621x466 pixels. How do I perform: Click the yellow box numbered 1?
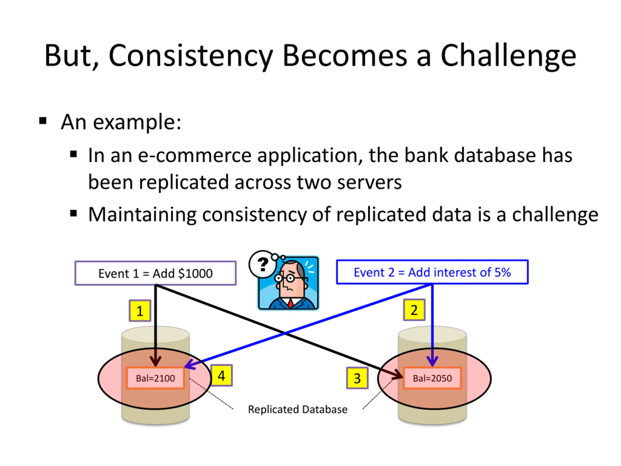click(x=140, y=311)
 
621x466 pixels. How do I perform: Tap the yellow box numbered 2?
click(x=414, y=310)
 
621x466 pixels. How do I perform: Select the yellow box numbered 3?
click(x=357, y=378)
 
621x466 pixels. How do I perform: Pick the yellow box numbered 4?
click(x=221, y=375)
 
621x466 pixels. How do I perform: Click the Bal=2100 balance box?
click(x=155, y=378)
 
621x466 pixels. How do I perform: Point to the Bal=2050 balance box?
click(x=432, y=378)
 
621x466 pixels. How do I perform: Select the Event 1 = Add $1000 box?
click(x=155, y=273)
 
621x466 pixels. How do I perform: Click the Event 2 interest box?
click(x=432, y=272)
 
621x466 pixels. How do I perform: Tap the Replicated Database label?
click(x=298, y=409)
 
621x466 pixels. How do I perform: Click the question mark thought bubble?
click(x=263, y=264)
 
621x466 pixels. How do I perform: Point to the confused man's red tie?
click(x=291, y=303)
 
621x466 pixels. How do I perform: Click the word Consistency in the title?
click(x=191, y=56)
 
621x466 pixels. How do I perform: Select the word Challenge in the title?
click(x=508, y=56)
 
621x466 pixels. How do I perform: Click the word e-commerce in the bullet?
click(x=195, y=156)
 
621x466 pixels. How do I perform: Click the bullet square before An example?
click(x=43, y=121)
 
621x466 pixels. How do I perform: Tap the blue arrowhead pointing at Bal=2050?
click(x=432, y=361)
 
